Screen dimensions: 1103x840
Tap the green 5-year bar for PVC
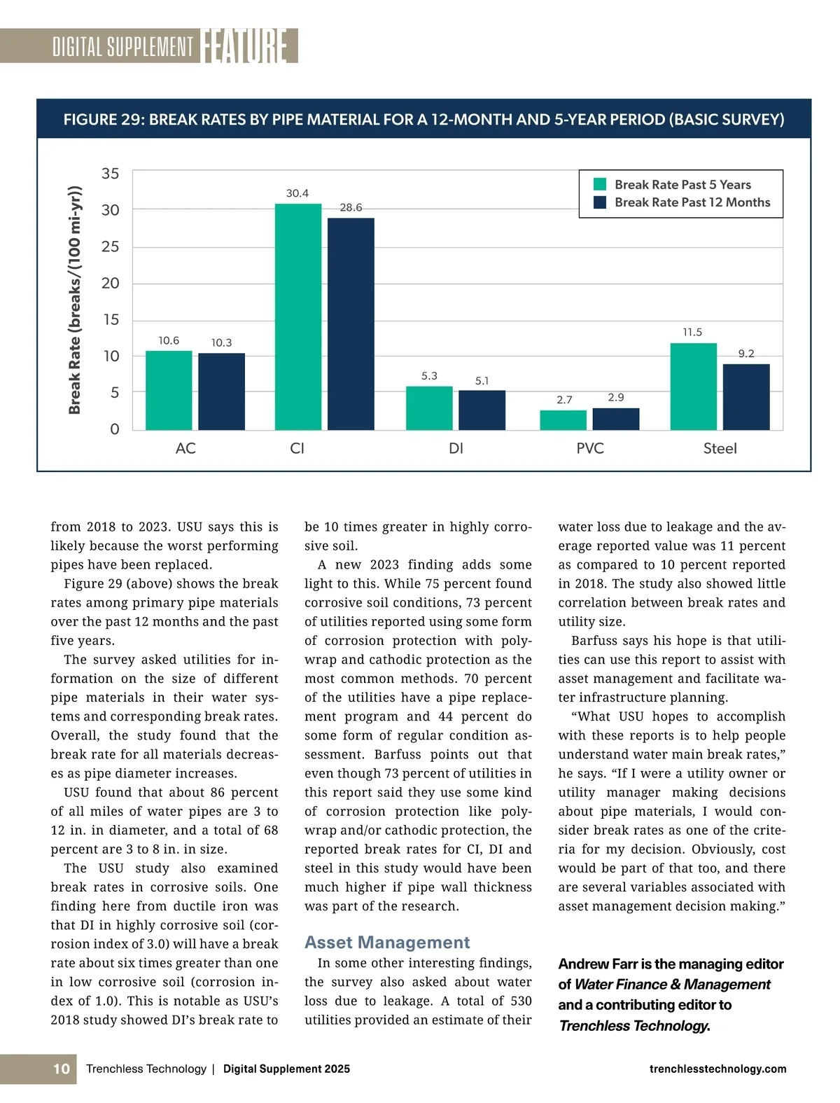pos(563,420)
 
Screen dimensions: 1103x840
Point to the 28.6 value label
pos(351,207)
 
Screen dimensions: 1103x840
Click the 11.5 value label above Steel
pos(692,332)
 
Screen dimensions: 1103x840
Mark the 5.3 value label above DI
pos(429,376)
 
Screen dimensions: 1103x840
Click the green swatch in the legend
pos(600,184)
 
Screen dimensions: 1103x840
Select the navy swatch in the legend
pos(600,202)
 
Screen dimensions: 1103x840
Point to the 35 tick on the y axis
pos(111,173)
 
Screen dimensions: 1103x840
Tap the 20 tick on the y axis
pos(111,283)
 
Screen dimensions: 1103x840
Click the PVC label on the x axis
pos(590,448)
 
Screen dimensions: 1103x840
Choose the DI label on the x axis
pos(456,448)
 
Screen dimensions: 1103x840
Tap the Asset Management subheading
pos(387,942)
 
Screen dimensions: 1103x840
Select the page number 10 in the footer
pos(62,1069)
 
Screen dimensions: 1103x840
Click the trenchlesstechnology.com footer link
pos(717,1069)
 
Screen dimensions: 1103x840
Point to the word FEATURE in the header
pos(244,46)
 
